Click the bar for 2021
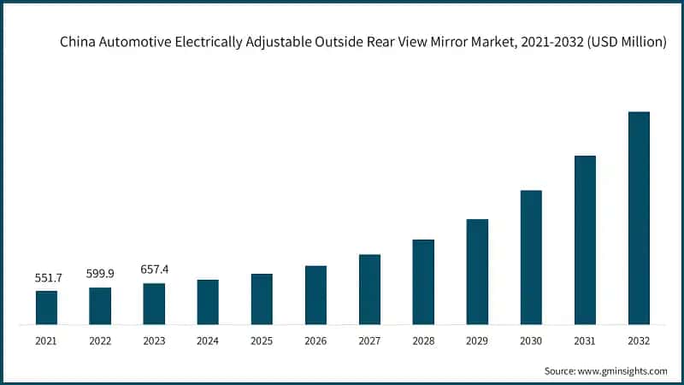point(46,308)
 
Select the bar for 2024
point(208,302)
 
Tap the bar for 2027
point(369,289)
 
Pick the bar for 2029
point(477,272)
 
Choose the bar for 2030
point(531,258)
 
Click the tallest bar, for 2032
point(639,218)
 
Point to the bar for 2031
point(585,240)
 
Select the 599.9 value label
point(100,275)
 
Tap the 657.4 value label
point(154,269)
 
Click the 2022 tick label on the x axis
point(100,341)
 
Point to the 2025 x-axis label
point(262,341)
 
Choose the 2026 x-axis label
point(315,341)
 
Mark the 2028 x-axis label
point(423,341)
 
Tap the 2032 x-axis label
point(639,341)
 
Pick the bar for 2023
point(154,304)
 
